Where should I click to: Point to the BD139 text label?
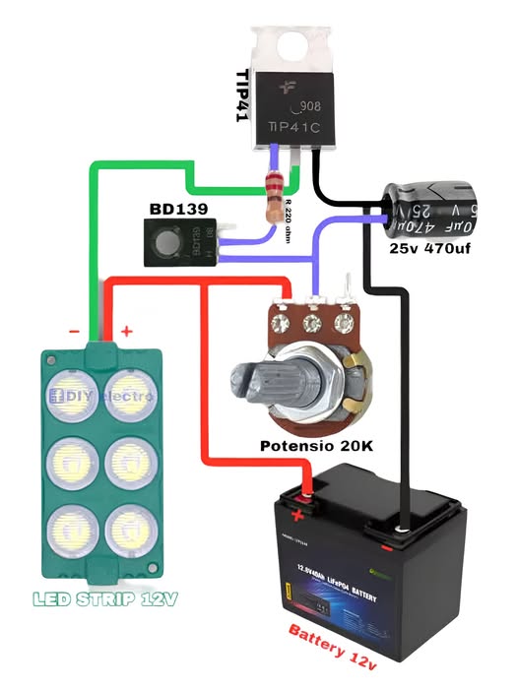tap(178, 211)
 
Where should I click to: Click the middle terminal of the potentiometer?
tap(314, 320)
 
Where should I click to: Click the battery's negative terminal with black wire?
tap(402, 533)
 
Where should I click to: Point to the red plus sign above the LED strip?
tap(126, 333)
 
